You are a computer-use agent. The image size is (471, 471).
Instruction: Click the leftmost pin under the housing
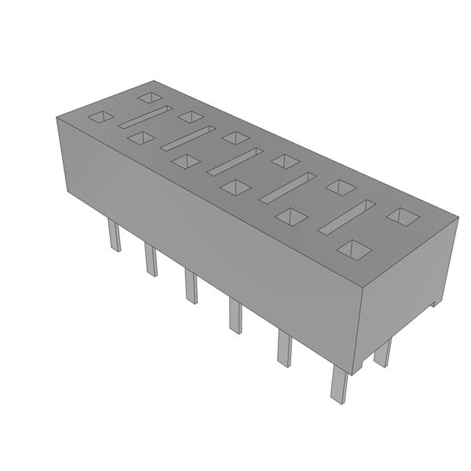[114, 235]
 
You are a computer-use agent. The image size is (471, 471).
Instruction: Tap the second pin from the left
[151, 259]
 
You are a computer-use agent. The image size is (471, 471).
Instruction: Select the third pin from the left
[191, 286]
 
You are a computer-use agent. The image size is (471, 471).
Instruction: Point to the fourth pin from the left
[235, 315]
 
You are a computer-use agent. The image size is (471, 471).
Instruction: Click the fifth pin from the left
[284, 349]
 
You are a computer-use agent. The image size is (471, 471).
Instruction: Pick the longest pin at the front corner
[338, 384]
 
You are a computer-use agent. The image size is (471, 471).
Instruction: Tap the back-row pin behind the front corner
[382, 353]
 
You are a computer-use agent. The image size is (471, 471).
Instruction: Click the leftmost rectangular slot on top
[144, 117]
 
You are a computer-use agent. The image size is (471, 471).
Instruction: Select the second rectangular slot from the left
[188, 138]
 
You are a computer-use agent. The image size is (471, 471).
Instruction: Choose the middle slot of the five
[235, 161]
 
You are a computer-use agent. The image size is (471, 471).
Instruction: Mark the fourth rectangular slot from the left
[287, 188]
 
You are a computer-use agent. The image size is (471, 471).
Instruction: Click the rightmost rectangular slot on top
[346, 217]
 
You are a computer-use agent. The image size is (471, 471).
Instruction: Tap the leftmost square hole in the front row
[100, 117]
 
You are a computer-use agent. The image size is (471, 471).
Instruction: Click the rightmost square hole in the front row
[355, 250]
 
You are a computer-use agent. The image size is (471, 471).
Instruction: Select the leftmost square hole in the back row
[149, 97]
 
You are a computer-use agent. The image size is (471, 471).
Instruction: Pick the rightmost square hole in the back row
[404, 216]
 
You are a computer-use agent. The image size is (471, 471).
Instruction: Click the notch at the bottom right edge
[434, 302]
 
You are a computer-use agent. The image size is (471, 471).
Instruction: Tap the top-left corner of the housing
[57, 118]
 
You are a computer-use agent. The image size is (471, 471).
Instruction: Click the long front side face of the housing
[204, 235]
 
